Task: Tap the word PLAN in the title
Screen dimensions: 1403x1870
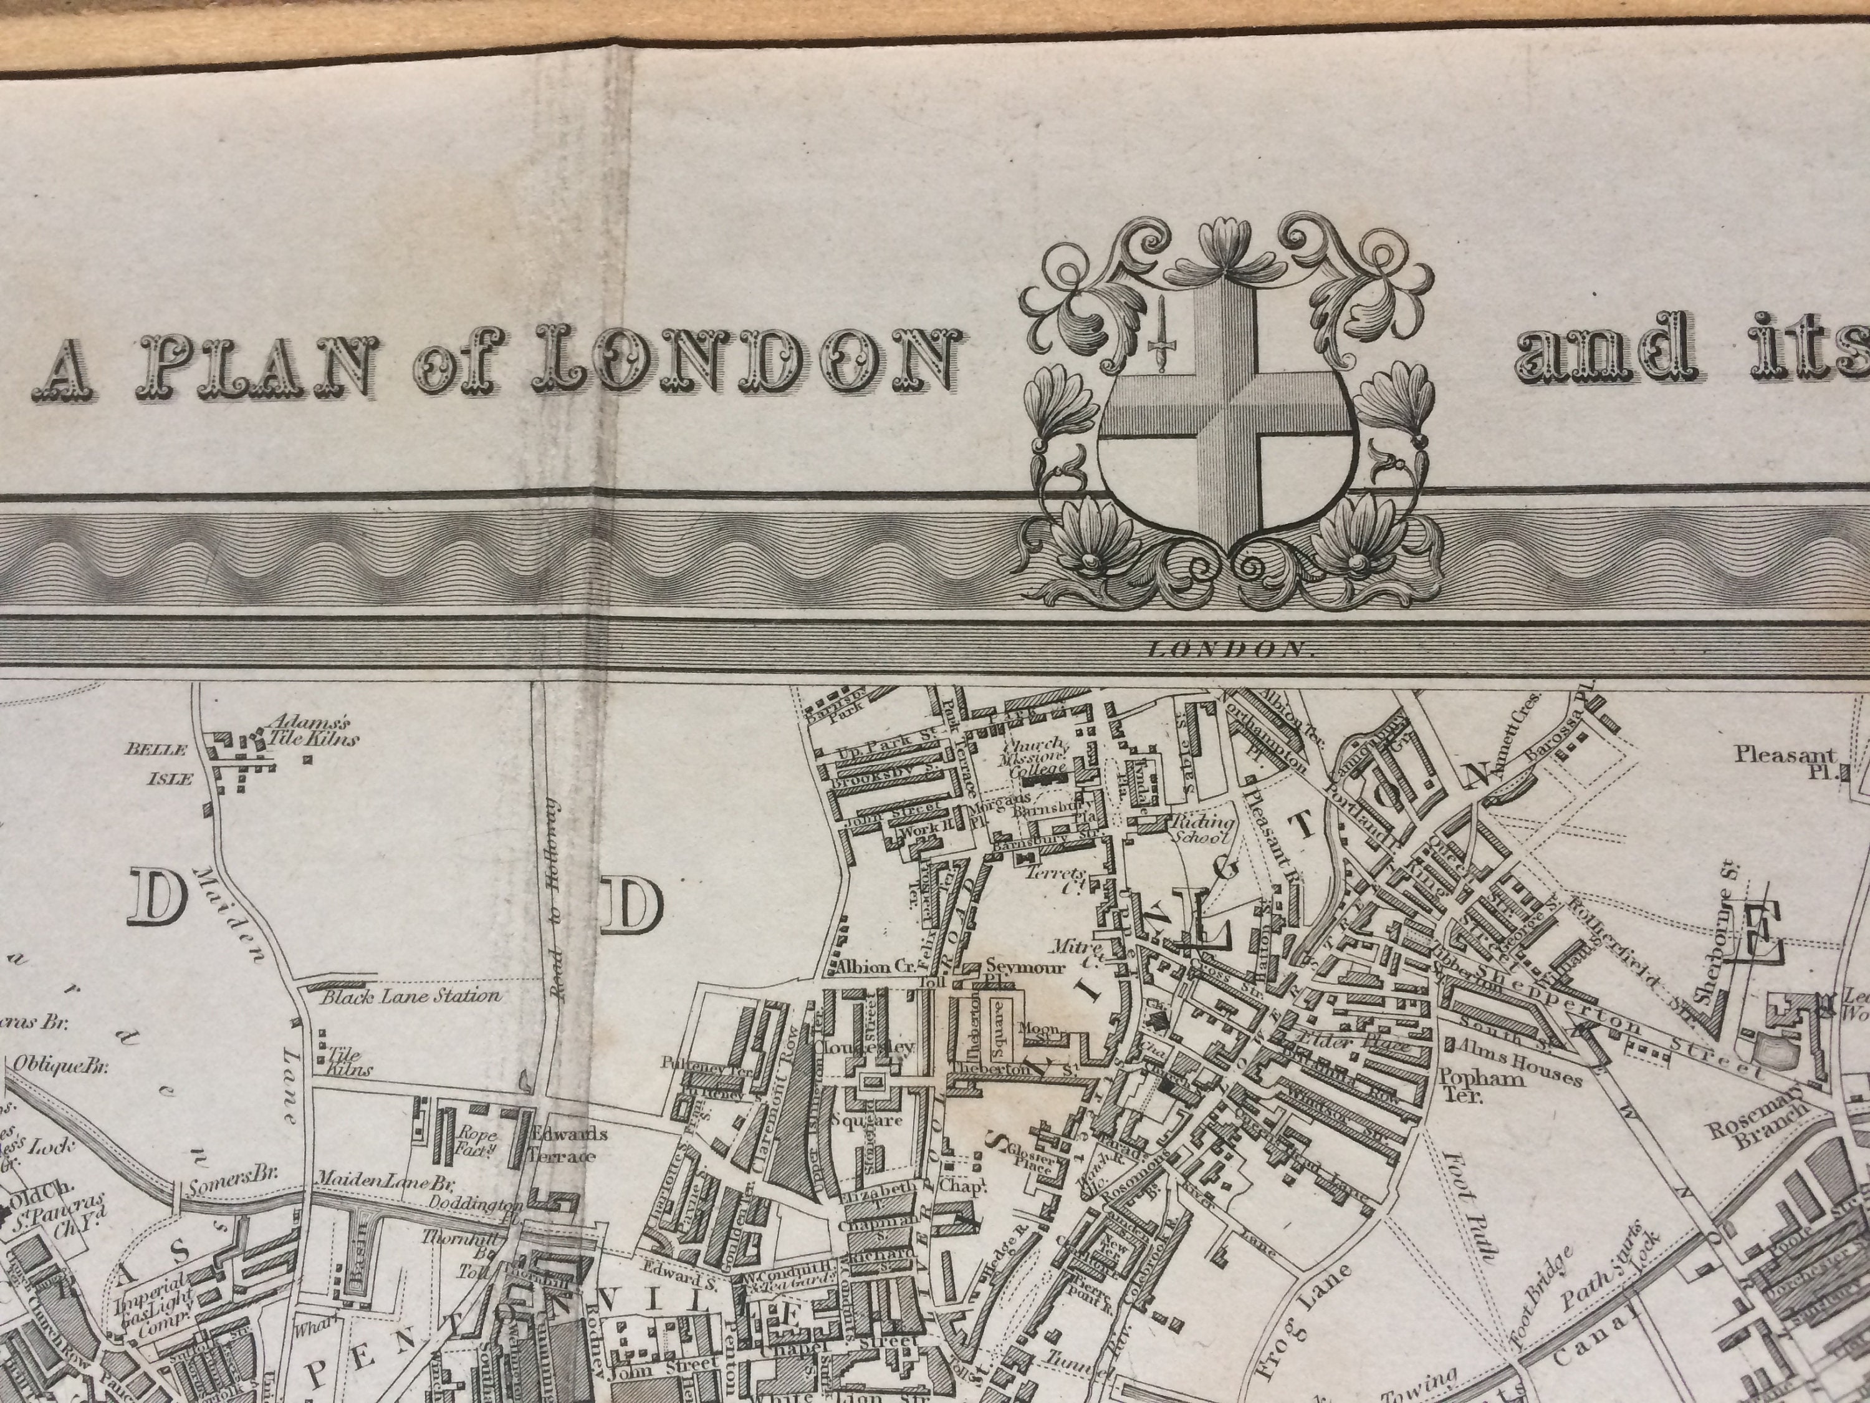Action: click(259, 369)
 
